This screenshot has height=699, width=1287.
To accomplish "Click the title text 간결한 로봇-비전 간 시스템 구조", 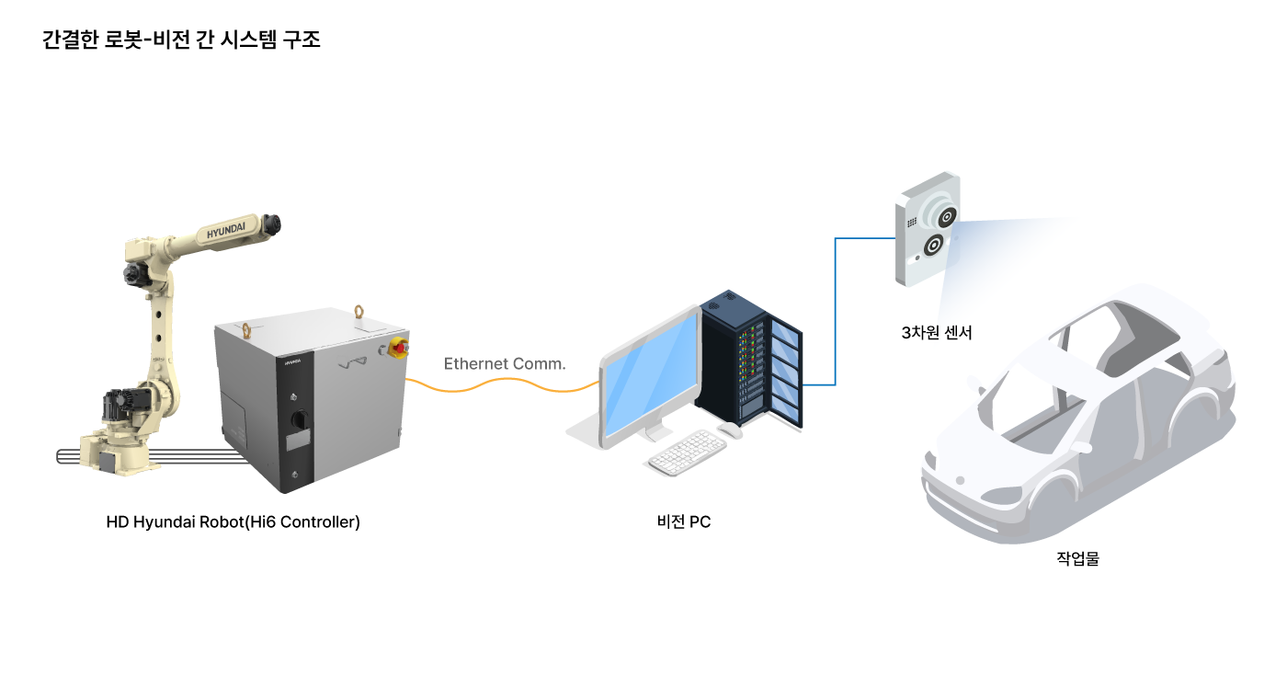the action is [x=181, y=39].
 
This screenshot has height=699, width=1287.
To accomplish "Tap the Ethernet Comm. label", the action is [x=505, y=364].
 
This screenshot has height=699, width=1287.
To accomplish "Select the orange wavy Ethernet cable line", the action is [x=502, y=384].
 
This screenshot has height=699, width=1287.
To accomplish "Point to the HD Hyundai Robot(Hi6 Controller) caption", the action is [x=233, y=522].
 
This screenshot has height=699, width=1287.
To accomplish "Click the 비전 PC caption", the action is [x=684, y=522].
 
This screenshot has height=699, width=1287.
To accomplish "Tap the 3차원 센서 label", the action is [x=937, y=332].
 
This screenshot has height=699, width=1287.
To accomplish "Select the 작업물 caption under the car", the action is [x=1077, y=558].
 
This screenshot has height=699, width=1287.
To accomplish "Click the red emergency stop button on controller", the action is [x=399, y=348].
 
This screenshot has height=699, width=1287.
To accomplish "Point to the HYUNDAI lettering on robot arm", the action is [x=226, y=230].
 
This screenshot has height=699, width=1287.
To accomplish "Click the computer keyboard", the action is [x=688, y=453].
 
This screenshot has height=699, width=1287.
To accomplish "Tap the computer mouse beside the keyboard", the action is [x=730, y=430].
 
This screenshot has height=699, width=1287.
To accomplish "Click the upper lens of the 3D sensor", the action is [x=946, y=217].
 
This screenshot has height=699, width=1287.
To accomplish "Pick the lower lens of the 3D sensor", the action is [x=933, y=246].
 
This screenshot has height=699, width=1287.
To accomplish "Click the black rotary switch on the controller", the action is [x=299, y=419].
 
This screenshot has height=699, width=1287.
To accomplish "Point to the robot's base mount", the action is [x=115, y=454].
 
